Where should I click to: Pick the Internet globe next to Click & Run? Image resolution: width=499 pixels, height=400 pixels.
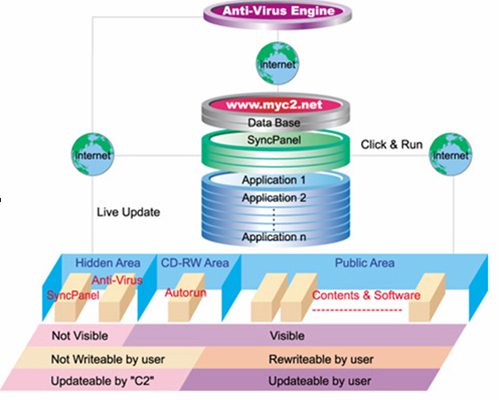click(450, 155)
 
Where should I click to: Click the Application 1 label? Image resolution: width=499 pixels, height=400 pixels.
click(274, 180)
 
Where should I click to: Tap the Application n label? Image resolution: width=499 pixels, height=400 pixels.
click(274, 237)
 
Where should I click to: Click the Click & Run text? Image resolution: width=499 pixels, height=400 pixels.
click(391, 144)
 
